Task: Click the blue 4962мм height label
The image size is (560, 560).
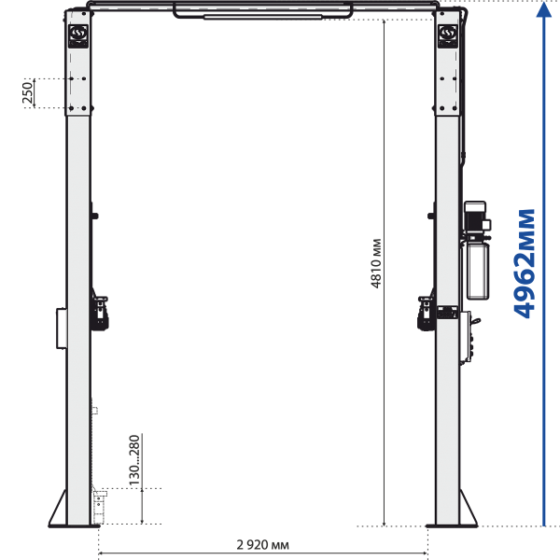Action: click(x=525, y=263)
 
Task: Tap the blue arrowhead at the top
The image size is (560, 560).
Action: click(x=544, y=9)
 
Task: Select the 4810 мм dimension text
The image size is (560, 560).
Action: click(x=376, y=263)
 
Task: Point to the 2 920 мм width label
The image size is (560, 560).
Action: click(x=263, y=545)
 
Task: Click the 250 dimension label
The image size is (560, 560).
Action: click(x=27, y=92)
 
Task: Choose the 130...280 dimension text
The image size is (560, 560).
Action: click(x=133, y=460)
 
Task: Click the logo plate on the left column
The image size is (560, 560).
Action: click(x=78, y=35)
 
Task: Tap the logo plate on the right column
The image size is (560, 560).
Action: click(x=448, y=35)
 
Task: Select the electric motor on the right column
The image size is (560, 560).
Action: click(x=477, y=218)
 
